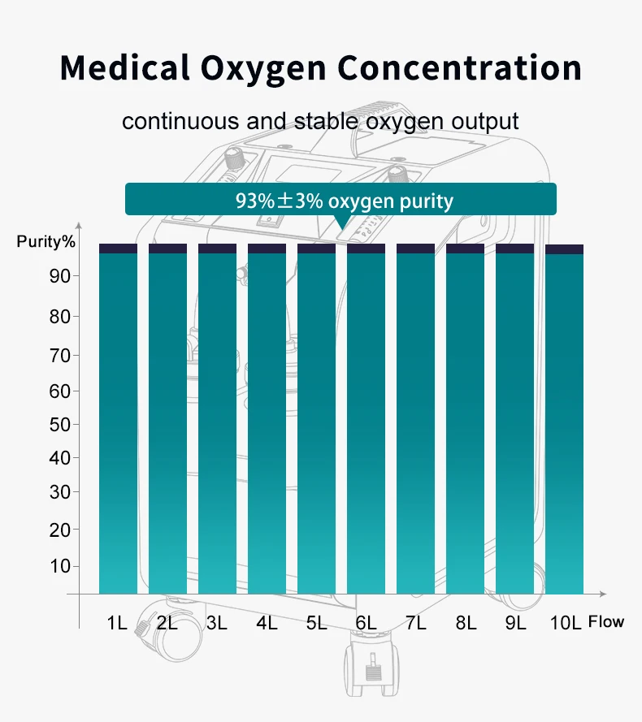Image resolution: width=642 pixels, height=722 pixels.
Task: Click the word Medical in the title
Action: tap(125, 68)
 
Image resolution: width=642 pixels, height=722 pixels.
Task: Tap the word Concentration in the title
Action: tap(460, 68)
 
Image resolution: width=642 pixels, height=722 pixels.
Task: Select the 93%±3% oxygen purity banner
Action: tap(341, 200)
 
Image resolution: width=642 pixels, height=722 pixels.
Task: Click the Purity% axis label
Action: tap(46, 241)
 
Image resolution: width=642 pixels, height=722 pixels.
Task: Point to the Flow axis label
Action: tap(606, 622)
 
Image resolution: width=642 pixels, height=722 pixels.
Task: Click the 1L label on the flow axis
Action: tap(117, 624)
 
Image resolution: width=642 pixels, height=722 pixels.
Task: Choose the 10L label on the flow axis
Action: tap(565, 624)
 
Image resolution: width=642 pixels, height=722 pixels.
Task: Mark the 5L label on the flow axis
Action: tap(316, 624)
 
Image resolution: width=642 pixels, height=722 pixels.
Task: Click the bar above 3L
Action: tap(217, 422)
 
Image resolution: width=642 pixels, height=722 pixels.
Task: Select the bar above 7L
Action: tap(415, 422)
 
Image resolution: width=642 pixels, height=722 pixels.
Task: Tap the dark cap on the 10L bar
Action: tap(565, 249)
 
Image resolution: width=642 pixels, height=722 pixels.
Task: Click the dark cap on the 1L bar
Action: tap(118, 249)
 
